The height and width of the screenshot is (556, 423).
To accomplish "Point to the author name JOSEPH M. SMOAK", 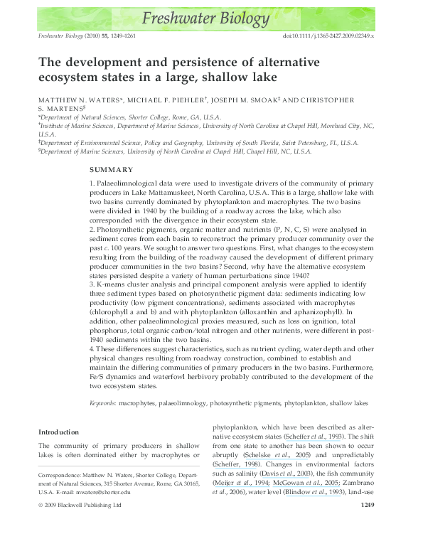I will coord(260,100).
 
